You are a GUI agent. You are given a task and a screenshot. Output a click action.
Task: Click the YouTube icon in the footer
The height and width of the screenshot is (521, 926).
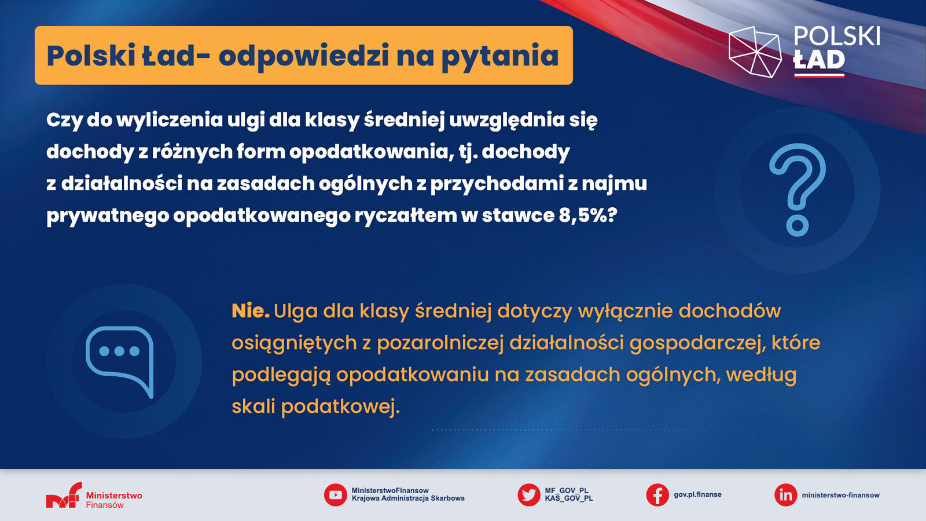tap(335, 495)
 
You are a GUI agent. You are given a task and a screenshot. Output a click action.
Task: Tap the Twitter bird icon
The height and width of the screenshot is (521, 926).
tap(529, 495)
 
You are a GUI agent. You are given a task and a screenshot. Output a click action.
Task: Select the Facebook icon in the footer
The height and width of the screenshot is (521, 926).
tap(657, 495)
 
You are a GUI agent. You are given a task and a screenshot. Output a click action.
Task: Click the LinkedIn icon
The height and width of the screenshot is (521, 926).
tap(785, 495)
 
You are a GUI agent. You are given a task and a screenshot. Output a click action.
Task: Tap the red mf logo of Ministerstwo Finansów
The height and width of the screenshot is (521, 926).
tap(64, 495)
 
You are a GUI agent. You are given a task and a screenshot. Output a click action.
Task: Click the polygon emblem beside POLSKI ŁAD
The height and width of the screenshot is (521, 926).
tap(755, 52)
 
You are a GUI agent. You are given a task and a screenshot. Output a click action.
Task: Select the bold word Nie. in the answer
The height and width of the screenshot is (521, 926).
tap(251, 311)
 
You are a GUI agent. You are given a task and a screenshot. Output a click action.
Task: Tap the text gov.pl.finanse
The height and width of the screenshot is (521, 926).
tap(697, 494)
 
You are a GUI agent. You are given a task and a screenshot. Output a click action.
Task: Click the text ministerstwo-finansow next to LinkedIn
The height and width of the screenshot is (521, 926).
tap(840, 495)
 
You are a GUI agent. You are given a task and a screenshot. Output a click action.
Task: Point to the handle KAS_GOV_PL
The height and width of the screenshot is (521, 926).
tap(569, 498)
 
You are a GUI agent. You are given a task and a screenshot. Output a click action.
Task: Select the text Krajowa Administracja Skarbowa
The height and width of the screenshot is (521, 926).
tap(408, 498)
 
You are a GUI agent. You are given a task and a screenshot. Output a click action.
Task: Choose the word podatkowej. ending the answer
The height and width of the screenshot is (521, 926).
tap(341, 407)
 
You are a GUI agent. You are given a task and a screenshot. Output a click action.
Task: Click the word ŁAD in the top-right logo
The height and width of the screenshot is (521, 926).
tap(819, 60)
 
